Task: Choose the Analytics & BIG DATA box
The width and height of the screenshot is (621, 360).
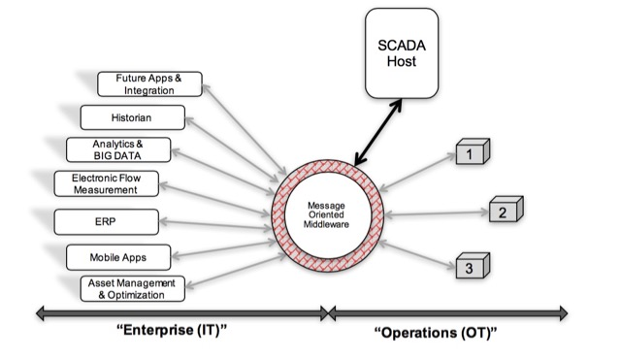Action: click(x=118, y=148)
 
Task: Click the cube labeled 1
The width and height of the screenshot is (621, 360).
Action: click(x=469, y=153)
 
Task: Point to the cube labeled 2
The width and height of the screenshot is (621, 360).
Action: click(x=502, y=211)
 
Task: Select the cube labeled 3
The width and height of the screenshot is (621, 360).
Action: click(x=469, y=266)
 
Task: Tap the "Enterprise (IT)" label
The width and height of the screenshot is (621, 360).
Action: click(x=173, y=334)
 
